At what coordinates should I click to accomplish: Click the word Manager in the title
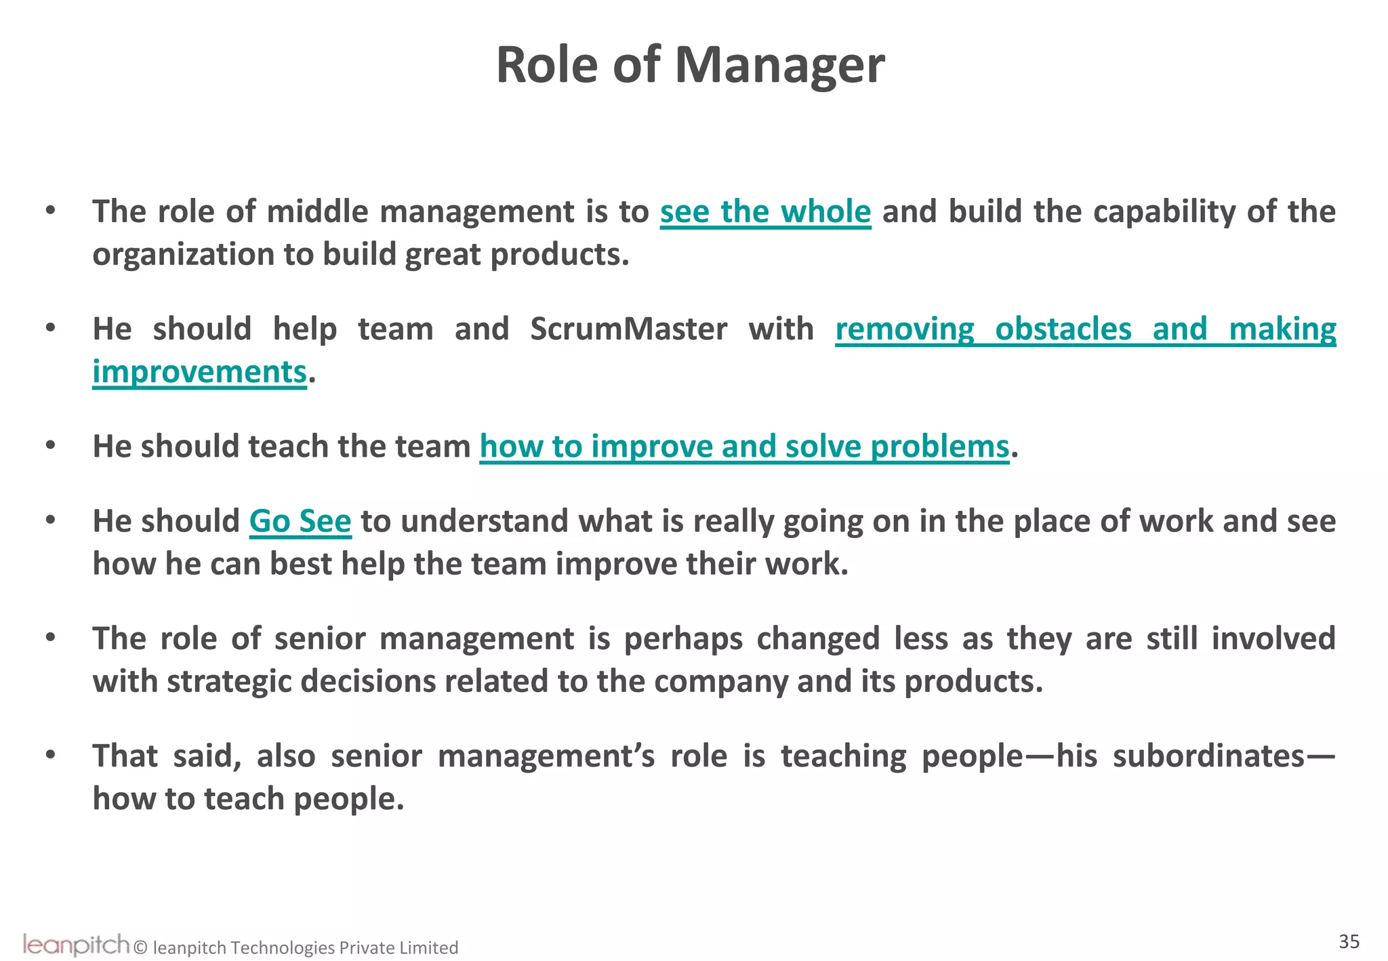coord(779,66)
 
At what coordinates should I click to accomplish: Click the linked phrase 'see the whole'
coord(765,211)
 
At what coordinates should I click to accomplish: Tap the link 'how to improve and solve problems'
coord(744,447)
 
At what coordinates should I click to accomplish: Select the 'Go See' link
coord(300,521)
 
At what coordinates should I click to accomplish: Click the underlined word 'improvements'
coord(199,372)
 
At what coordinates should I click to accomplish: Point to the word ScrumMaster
coord(628,329)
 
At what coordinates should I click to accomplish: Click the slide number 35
coord(1349,941)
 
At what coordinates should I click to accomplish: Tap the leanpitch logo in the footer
coord(76,944)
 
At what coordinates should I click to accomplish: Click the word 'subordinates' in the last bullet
coord(1208,756)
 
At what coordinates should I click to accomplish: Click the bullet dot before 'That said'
coord(50,755)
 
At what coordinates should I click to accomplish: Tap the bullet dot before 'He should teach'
coord(50,446)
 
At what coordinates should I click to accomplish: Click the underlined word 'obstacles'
coord(1063,329)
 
